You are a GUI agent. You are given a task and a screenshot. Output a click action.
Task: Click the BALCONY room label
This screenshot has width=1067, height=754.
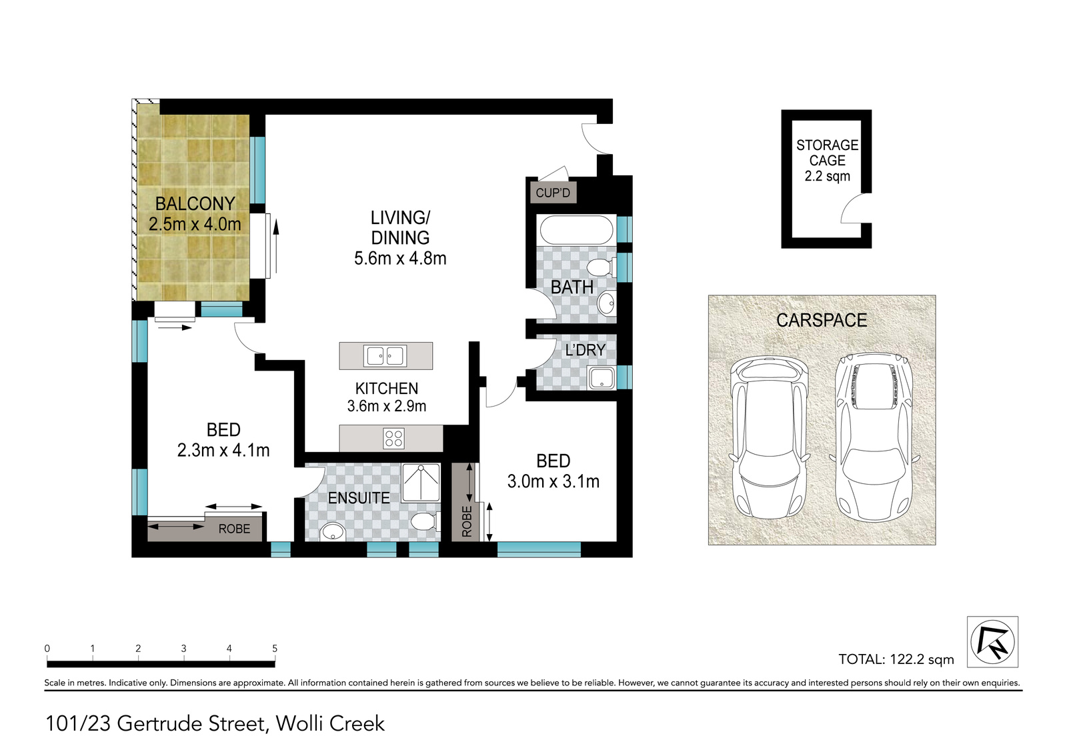tap(195, 204)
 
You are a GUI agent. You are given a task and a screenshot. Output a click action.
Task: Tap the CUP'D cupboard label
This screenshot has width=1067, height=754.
tap(553, 193)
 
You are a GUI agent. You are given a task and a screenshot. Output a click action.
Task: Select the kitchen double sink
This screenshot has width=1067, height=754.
tap(385, 356)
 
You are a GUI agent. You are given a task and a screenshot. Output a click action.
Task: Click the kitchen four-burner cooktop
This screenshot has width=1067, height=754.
tap(394, 438)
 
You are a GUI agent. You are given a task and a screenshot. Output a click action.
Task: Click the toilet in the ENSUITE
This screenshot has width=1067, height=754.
tap(423, 521)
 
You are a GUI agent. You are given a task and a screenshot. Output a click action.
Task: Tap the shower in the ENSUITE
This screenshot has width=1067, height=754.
tap(421, 483)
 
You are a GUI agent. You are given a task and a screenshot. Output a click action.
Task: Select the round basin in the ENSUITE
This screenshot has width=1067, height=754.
tap(333, 531)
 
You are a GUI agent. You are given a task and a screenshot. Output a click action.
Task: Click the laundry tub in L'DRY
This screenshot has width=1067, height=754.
tap(602, 378)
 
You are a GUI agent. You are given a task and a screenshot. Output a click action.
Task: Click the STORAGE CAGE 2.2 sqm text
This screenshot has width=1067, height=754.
tap(828, 161)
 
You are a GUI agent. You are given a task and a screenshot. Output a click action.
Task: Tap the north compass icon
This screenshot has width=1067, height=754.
tap(993, 642)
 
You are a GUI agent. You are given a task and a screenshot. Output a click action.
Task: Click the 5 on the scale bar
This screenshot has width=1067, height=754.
tap(274, 648)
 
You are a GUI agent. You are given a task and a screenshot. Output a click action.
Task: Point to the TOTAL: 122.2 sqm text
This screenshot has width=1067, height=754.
tap(896, 659)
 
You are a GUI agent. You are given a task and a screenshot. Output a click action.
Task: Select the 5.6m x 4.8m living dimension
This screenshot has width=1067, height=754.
tap(400, 258)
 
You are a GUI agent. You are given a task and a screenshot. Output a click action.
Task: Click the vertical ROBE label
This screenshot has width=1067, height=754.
tap(467, 521)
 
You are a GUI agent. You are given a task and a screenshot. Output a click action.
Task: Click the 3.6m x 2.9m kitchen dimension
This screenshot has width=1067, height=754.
tap(386, 406)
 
